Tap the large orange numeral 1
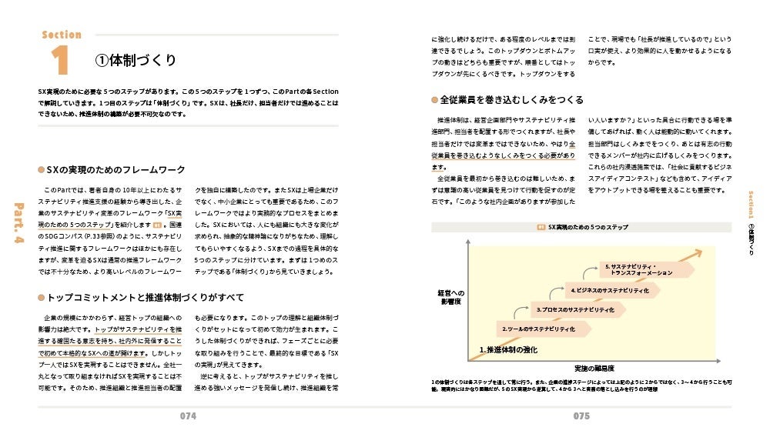tap(61, 60)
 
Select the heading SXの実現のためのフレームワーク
tap(115, 169)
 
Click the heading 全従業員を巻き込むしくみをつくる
tap(511, 100)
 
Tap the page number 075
tap(581, 416)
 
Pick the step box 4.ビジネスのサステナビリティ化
tap(611, 290)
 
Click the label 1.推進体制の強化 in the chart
tap(508, 350)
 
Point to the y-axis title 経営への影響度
tap(450, 298)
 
